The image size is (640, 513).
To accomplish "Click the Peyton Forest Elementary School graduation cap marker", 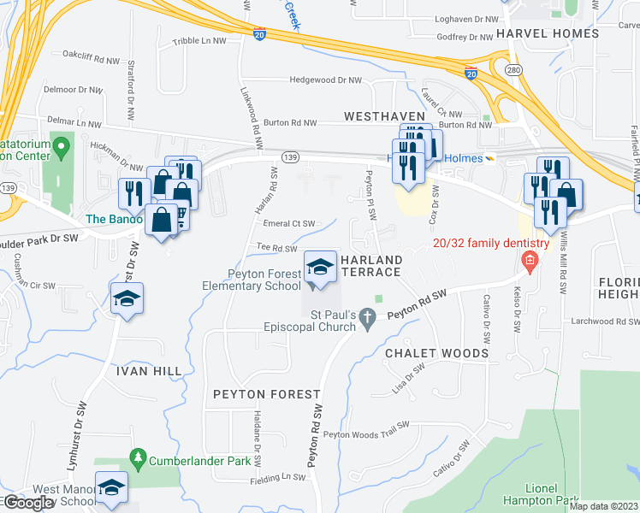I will point(320,267).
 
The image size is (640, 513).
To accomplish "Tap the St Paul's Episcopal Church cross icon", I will point(369,320).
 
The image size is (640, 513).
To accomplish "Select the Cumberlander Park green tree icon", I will point(139,461).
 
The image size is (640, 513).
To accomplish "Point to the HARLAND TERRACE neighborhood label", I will point(371,265).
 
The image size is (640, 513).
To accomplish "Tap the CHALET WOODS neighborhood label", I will point(436,353).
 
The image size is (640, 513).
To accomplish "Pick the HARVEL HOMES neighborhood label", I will point(548,33).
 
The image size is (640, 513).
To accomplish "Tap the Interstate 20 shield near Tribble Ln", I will point(259,34).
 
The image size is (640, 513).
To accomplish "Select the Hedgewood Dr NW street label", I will point(326,80).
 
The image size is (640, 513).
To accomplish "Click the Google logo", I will point(27,503).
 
